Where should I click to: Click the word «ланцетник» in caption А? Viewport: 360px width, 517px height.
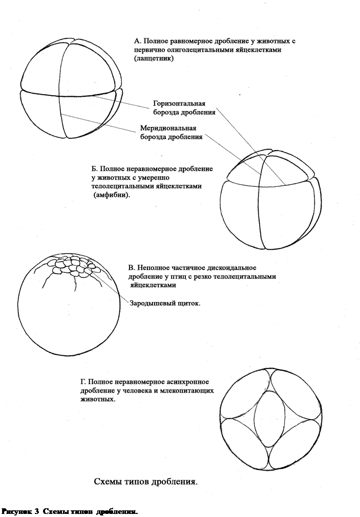click(x=154, y=59)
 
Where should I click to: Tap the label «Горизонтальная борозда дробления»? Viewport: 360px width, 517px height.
click(x=184, y=108)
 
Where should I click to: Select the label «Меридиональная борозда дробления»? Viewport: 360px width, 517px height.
click(x=171, y=133)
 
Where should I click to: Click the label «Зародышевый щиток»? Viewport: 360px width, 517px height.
click(x=165, y=303)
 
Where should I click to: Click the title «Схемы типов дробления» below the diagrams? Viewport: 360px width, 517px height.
click(x=146, y=482)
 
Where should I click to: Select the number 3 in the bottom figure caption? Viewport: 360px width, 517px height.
click(x=37, y=511)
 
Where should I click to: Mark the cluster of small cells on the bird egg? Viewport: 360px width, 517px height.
click(x=72, y=267)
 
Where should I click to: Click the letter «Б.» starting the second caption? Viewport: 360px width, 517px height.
click(x=94, y=168)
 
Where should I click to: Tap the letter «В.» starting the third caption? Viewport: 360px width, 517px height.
click(x=132, y=268)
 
